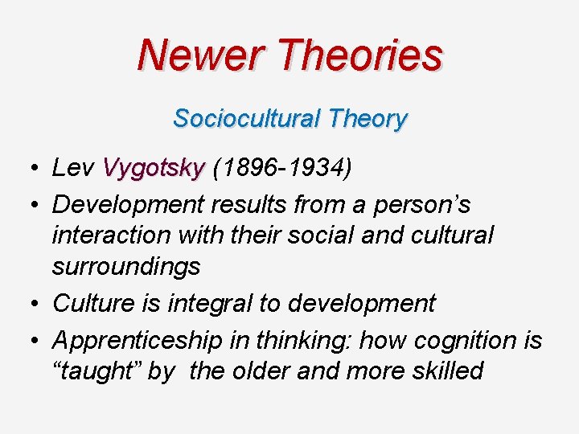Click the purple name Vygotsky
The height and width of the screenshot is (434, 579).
coord(154,168)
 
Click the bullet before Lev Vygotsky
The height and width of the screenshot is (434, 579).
coord(29,169)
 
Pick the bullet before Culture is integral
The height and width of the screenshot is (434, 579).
coord(29,304)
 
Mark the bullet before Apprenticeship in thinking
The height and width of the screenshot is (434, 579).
coord(29,341)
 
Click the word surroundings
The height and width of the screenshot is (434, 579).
coord(125,266)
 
